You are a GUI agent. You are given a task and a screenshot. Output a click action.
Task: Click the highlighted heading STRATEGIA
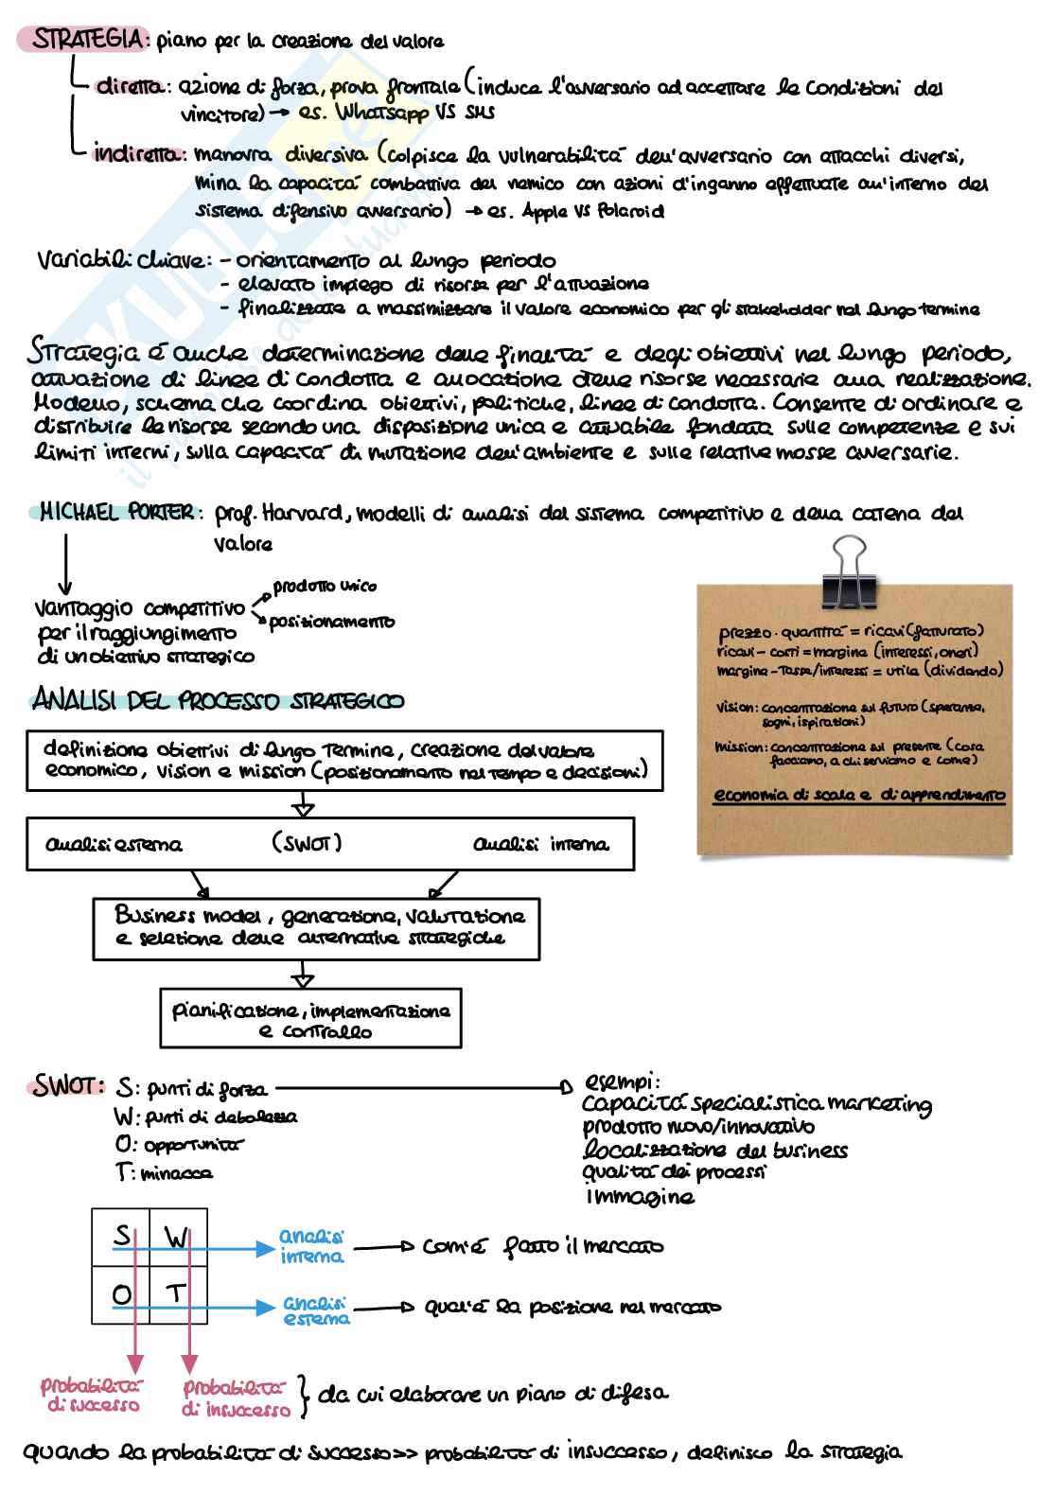click(89, 40)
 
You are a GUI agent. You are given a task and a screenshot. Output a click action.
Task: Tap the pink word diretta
click(130, 87)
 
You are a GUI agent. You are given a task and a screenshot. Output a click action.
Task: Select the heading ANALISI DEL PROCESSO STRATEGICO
click(218, 701)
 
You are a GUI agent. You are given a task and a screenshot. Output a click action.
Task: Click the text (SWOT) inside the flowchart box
click(307, 843)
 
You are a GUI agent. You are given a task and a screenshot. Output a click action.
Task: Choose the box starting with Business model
click(316, 927)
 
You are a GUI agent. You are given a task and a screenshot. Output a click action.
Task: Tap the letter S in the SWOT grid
click(121, 1236)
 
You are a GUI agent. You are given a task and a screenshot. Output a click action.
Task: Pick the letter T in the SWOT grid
click(176, 1292)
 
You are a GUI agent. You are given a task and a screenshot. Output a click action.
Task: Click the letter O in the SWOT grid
click(121, 1293)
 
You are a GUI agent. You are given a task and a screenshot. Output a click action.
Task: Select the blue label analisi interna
click(311, 1247)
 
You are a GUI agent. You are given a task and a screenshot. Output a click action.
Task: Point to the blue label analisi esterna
click(316, 1310)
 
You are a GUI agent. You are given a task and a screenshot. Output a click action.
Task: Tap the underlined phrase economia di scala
click(792, 796)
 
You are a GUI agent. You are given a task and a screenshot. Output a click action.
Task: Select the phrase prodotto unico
click(325, 587)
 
